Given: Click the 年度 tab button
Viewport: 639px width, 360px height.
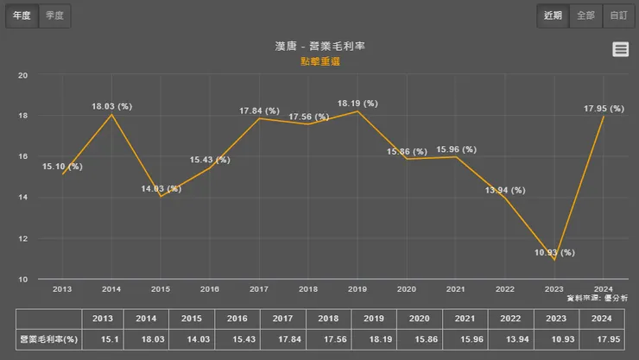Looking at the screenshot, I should [22, 16].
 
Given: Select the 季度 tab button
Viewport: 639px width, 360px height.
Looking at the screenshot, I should [55, 16].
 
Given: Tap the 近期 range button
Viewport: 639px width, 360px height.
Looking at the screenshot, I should [553, 16].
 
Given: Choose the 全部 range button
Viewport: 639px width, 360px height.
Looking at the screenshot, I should [585, 16].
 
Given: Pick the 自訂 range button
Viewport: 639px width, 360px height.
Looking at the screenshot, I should [618, 16].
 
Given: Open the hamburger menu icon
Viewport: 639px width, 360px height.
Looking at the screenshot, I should [620, 50].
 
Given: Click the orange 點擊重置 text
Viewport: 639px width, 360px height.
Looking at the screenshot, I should [320, 61].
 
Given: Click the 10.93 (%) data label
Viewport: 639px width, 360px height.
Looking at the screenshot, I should [554, 253].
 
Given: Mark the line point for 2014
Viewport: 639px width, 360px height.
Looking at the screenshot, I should [111, 115].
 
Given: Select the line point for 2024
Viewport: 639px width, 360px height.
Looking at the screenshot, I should [604, 117].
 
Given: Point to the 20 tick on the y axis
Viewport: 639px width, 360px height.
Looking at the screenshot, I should [23, 75].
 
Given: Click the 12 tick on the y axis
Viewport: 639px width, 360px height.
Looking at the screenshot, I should [23, 238].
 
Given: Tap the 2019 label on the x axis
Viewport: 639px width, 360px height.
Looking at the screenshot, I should [357, 289].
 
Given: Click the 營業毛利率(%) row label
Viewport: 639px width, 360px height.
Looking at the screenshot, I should [49, 339].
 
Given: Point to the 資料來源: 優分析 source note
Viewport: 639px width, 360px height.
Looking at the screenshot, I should [598, 298].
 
